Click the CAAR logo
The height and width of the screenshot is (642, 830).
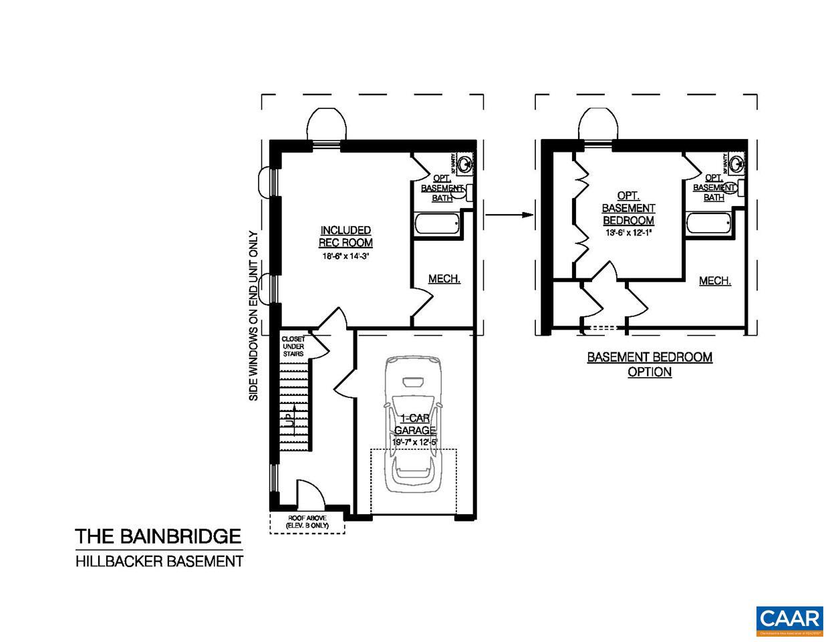click(x=789, y=620)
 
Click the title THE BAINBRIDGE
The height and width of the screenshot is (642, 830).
click(x=158, y=536)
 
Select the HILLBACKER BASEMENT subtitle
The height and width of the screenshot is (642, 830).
click(x=159, y=561)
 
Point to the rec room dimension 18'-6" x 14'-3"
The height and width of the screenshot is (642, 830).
click(x=345, y=255)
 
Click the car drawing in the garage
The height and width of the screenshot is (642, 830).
click(x=414, y=428)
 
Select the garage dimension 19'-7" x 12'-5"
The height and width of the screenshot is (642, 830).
click(x=414, y=442)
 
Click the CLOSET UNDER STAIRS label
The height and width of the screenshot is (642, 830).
click(x=293, y=346)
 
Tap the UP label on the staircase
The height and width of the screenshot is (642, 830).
click(x=289, y=420)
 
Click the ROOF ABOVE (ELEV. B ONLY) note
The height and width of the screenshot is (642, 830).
click(x=307, y=522)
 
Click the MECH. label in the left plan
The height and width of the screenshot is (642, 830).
click(x=444, y=278)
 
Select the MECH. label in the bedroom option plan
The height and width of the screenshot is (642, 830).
click(x=714, y=281)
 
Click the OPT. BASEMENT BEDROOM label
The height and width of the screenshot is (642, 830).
click(x=628, y=208)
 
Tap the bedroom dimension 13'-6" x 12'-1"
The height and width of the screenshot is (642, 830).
click(x=628, y=233)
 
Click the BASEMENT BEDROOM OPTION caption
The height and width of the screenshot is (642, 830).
click(x=650, y=364)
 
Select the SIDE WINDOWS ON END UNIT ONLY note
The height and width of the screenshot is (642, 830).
click(x=253, y=316)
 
